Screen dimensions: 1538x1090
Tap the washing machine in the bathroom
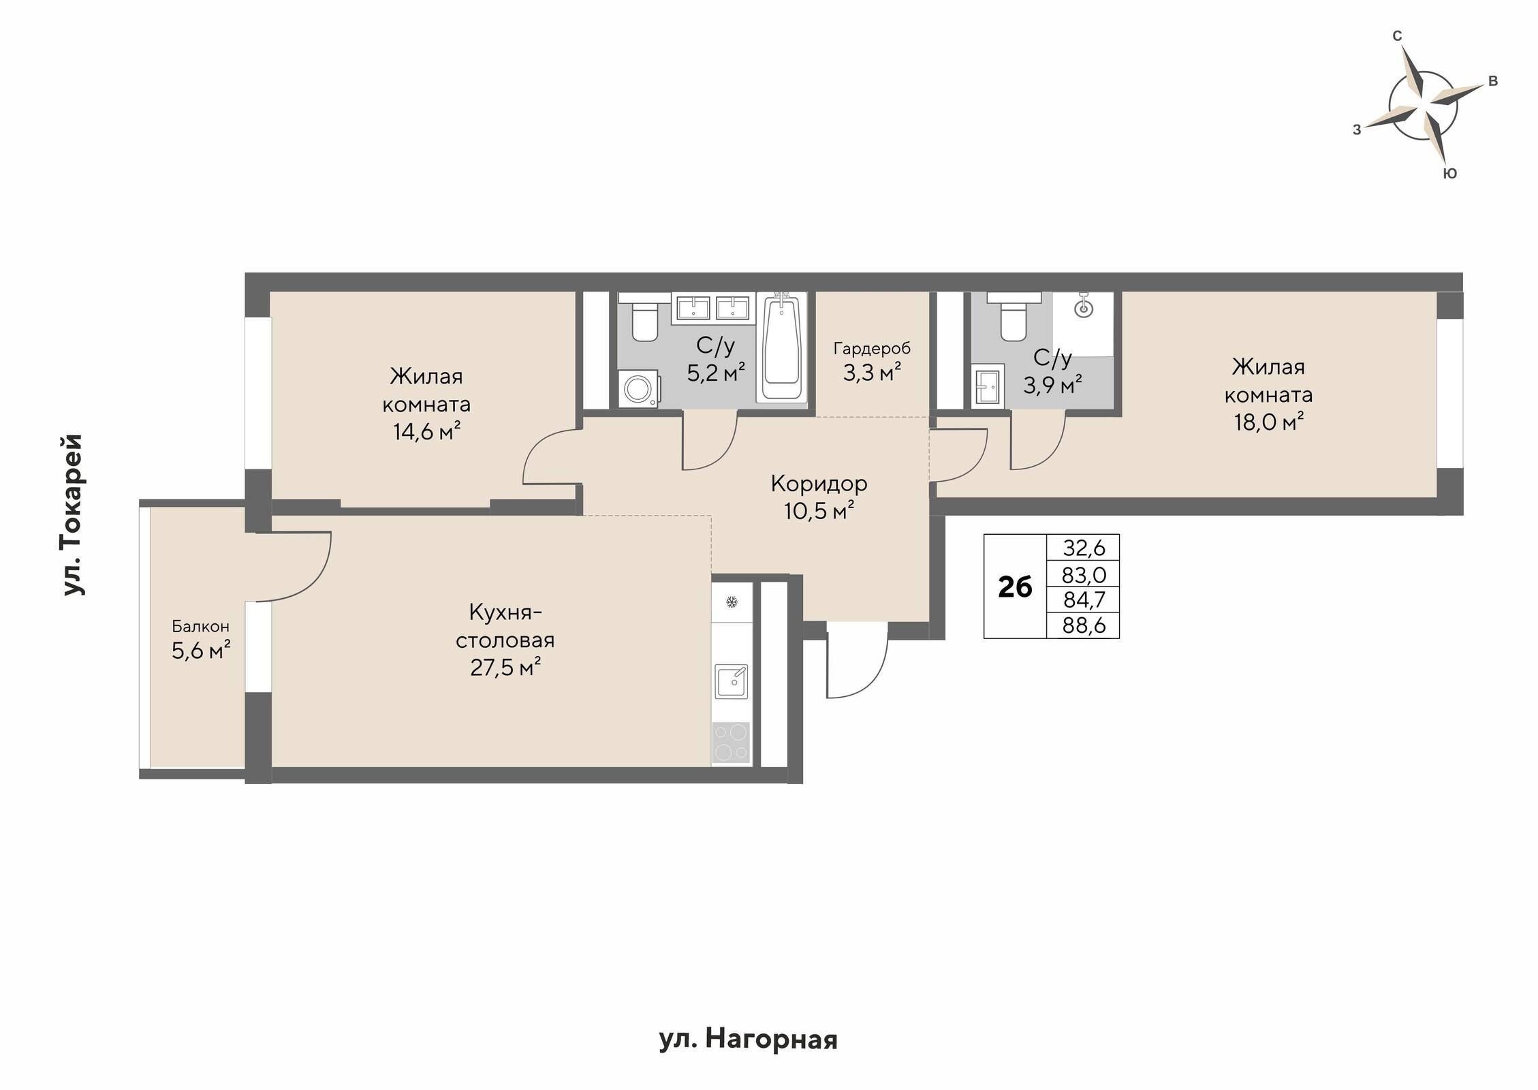[639, 389]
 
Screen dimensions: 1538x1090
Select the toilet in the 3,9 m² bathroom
[1014, 316]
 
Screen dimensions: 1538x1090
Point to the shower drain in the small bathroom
[1083, 309]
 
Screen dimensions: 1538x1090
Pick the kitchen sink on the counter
[732, 683]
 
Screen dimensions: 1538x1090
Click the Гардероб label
[872, 349]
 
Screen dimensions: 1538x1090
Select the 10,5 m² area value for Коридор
[819, 510]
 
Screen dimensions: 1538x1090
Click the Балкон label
[200, 626]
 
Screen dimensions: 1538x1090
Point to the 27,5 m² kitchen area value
[505, 667]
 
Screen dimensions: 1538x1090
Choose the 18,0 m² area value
[1269, 422]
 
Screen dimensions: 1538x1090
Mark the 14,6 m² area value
[426, 431]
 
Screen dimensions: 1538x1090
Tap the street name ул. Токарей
[73, 514]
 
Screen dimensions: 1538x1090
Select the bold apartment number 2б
[1015, 587]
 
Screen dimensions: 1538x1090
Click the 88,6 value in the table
[1083, 625]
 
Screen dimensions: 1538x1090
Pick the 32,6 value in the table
[1083, 548]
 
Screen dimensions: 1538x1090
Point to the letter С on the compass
[1396, 36]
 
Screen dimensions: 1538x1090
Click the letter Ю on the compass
[1451, 174]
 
